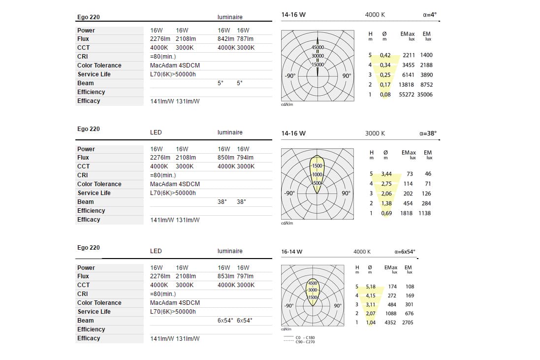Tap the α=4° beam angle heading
(429, 15)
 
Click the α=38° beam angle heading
(428, 133)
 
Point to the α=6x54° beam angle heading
(405, 252)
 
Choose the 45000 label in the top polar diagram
(318, 47)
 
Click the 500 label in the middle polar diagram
(317, 183)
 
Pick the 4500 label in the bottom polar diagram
(312, 283)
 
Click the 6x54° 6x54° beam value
(235, 321)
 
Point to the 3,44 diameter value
(386, 174)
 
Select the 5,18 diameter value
(371, 287)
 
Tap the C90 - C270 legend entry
(305, 342)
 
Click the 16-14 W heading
(292, 252)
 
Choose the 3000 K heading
(375, 133)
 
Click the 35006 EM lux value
(425, 95)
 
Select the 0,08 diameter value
(385, 95)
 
